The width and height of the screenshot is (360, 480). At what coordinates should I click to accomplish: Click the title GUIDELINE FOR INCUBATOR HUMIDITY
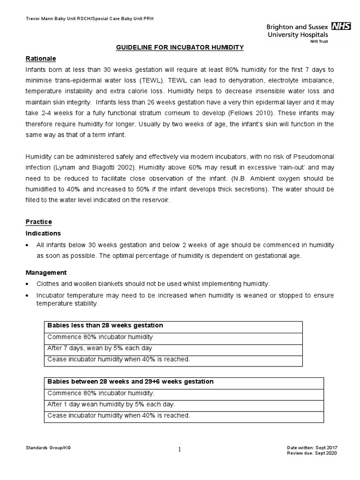point(180,48)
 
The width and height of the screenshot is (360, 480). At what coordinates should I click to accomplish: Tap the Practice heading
point(38,222)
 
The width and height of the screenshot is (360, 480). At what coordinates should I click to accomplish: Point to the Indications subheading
point(43,233)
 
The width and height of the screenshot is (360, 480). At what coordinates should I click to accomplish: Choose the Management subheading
point(46,272)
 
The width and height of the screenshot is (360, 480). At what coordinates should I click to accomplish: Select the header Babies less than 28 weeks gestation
point(105,325)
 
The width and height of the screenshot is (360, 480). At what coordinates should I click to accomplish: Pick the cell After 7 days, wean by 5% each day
point(100,348)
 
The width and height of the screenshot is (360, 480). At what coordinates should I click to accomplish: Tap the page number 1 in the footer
point(180,450)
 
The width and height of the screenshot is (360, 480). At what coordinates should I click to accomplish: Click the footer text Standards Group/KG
point(48,448)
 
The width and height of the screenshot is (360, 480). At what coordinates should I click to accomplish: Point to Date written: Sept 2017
point(312,448)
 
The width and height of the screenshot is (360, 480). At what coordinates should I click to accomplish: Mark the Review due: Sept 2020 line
point(312,453)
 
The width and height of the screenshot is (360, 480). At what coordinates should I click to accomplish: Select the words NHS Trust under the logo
point(318,41)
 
